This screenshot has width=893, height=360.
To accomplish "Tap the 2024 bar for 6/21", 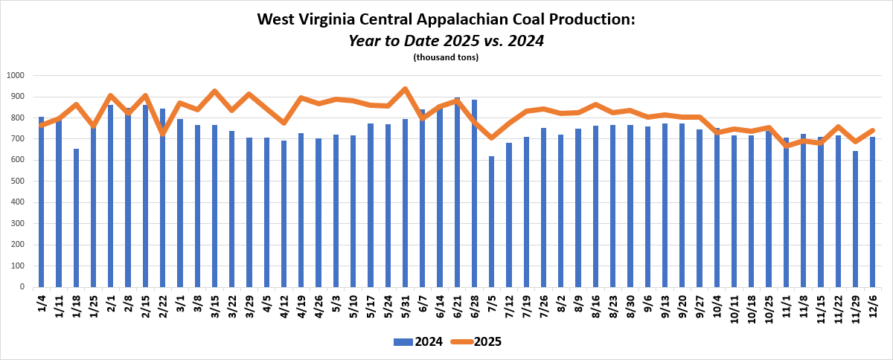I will tap(457, 192).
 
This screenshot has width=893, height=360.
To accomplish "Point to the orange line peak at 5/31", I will tap(405, 89).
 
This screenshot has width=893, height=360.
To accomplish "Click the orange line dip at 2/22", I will tap(162, 132).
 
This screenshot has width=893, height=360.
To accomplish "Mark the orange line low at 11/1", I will tap(787, 146).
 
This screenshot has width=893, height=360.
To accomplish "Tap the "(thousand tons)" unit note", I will tap(446, 57).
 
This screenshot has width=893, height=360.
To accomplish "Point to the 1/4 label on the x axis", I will tap(42, 301).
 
